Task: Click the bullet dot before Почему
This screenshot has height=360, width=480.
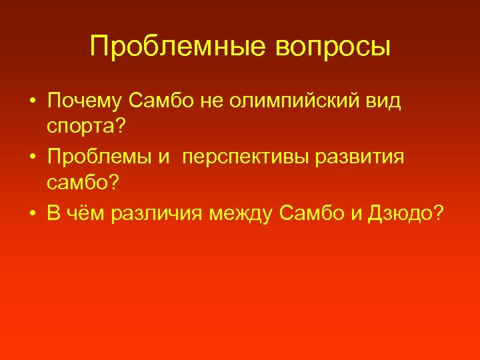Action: point(31,101)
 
